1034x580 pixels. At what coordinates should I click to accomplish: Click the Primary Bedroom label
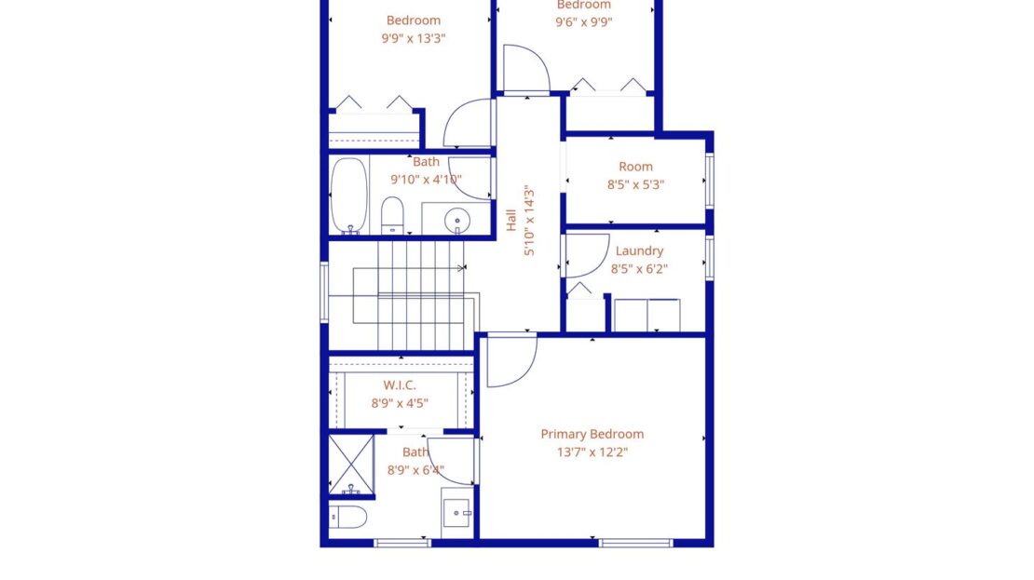pos(592,434)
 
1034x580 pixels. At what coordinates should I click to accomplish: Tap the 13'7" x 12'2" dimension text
pos(592,452)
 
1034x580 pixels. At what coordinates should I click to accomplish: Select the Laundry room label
pos(639,250)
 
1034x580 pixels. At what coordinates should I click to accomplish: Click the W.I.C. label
pos(400,384)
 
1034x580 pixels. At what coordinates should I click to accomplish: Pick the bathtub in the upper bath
pos(349,195)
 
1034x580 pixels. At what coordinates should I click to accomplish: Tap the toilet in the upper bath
pos(392,215)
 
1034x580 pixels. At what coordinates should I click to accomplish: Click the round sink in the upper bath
pos(456,221)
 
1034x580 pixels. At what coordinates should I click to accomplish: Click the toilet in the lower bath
pos(348,517)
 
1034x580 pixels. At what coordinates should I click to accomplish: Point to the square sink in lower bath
pos(456,513)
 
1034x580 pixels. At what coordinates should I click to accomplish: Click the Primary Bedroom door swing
pos(511,361)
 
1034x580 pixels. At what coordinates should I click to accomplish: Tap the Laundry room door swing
pos(585,255)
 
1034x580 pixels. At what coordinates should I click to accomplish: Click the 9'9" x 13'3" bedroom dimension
pos(414,38)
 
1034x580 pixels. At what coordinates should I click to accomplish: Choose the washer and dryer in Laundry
pos(646,315)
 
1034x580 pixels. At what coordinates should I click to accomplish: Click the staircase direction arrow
pos(461,268)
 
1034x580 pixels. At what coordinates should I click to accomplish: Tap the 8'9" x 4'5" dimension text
pos(400,403)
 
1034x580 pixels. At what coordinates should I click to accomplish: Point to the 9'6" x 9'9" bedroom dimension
pos(583,22)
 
